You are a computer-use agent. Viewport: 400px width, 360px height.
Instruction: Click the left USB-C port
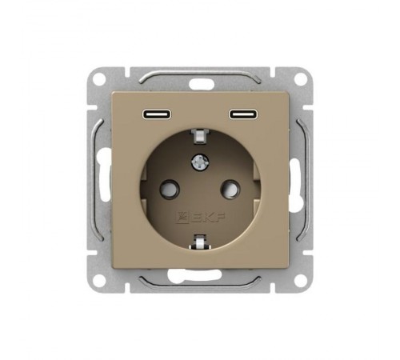(157, 114)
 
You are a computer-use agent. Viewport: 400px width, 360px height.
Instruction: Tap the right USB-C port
(243, 114)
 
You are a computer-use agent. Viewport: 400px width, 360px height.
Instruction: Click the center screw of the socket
(200, 162)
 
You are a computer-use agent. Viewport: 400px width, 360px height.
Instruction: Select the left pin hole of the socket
(169, 190)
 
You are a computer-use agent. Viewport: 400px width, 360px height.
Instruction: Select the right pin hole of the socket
(230, 190)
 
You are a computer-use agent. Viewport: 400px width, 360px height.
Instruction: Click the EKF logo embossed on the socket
(200, 218)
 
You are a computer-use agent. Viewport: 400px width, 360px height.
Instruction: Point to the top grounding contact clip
(200, 136)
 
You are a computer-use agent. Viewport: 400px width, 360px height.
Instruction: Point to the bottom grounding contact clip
(200, 242)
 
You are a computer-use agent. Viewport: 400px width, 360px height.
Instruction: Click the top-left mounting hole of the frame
(99, 79)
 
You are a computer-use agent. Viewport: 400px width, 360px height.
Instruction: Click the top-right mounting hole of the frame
(301, 79)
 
